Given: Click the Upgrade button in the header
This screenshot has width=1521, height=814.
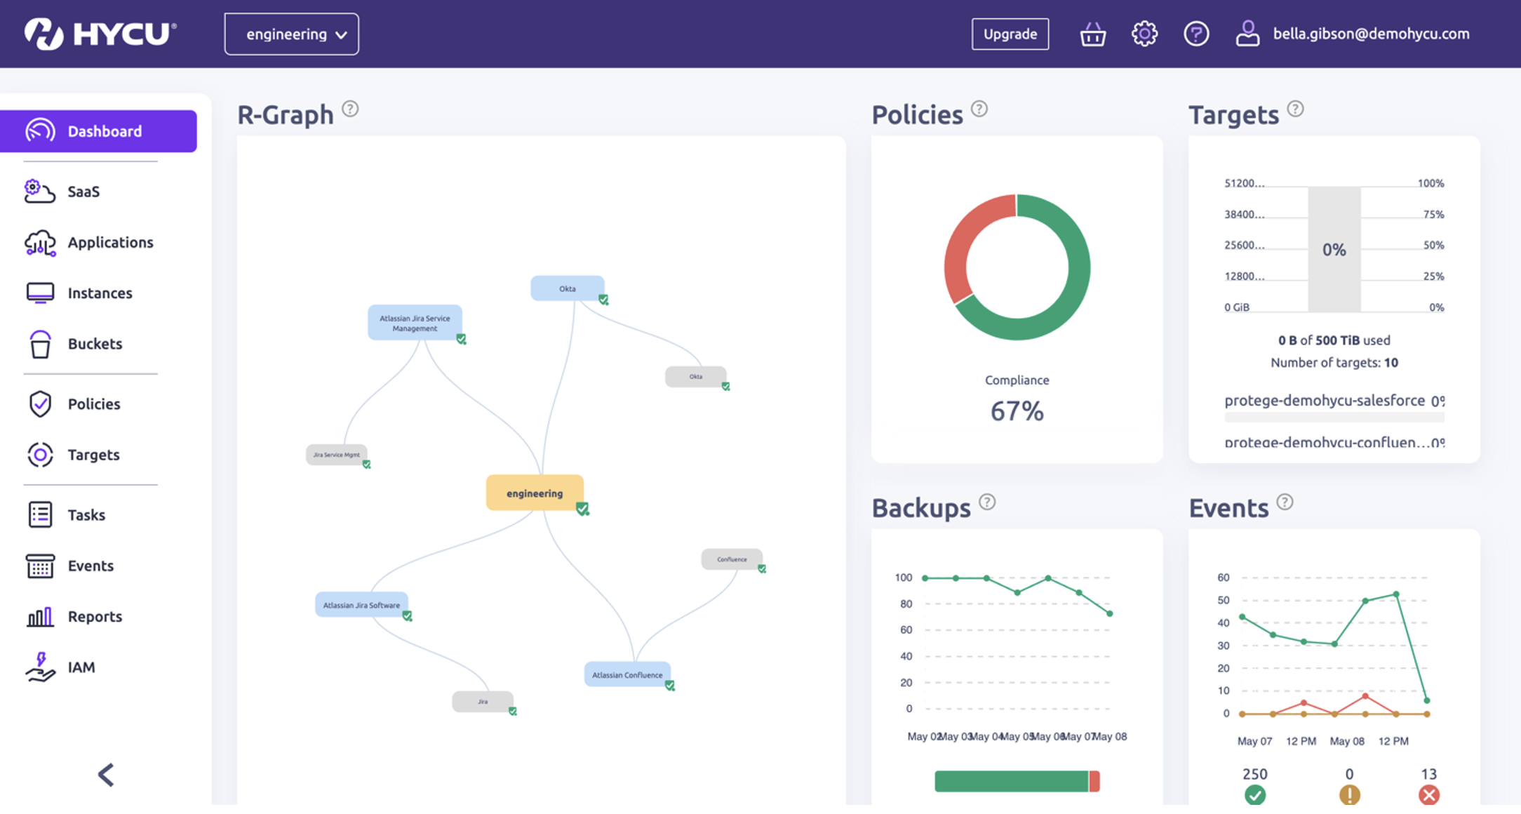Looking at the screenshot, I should (1010, 34).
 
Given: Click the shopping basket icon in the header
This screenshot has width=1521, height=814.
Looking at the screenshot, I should (1092, 34).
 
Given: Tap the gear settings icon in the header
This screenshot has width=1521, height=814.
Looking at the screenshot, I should (1144, 34).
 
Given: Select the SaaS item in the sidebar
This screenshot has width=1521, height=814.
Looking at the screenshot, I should (83, 192).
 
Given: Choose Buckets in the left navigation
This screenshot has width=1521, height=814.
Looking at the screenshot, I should (94, 344).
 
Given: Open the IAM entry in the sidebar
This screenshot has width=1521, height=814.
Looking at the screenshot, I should (81, 667).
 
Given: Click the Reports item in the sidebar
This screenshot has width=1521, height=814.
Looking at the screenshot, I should (94, 617).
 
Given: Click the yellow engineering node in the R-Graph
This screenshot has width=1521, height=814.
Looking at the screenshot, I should (535, 493).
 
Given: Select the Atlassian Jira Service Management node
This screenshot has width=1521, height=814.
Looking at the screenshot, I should (415, 323).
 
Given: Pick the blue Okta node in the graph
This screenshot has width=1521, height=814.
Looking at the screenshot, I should (567, 288).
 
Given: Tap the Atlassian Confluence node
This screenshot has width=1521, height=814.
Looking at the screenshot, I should (627, 675).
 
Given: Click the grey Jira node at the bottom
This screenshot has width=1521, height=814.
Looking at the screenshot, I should (482, 702).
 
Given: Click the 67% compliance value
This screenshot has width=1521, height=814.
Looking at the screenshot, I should (1017, 411).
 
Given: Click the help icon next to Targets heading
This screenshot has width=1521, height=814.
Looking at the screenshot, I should (1295, 109).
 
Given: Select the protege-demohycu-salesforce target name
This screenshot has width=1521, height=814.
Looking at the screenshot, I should (1324, 401).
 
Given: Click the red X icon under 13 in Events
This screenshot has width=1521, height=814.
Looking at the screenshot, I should (1428, 795).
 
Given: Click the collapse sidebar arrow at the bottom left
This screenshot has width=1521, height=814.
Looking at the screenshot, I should (106, 775).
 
